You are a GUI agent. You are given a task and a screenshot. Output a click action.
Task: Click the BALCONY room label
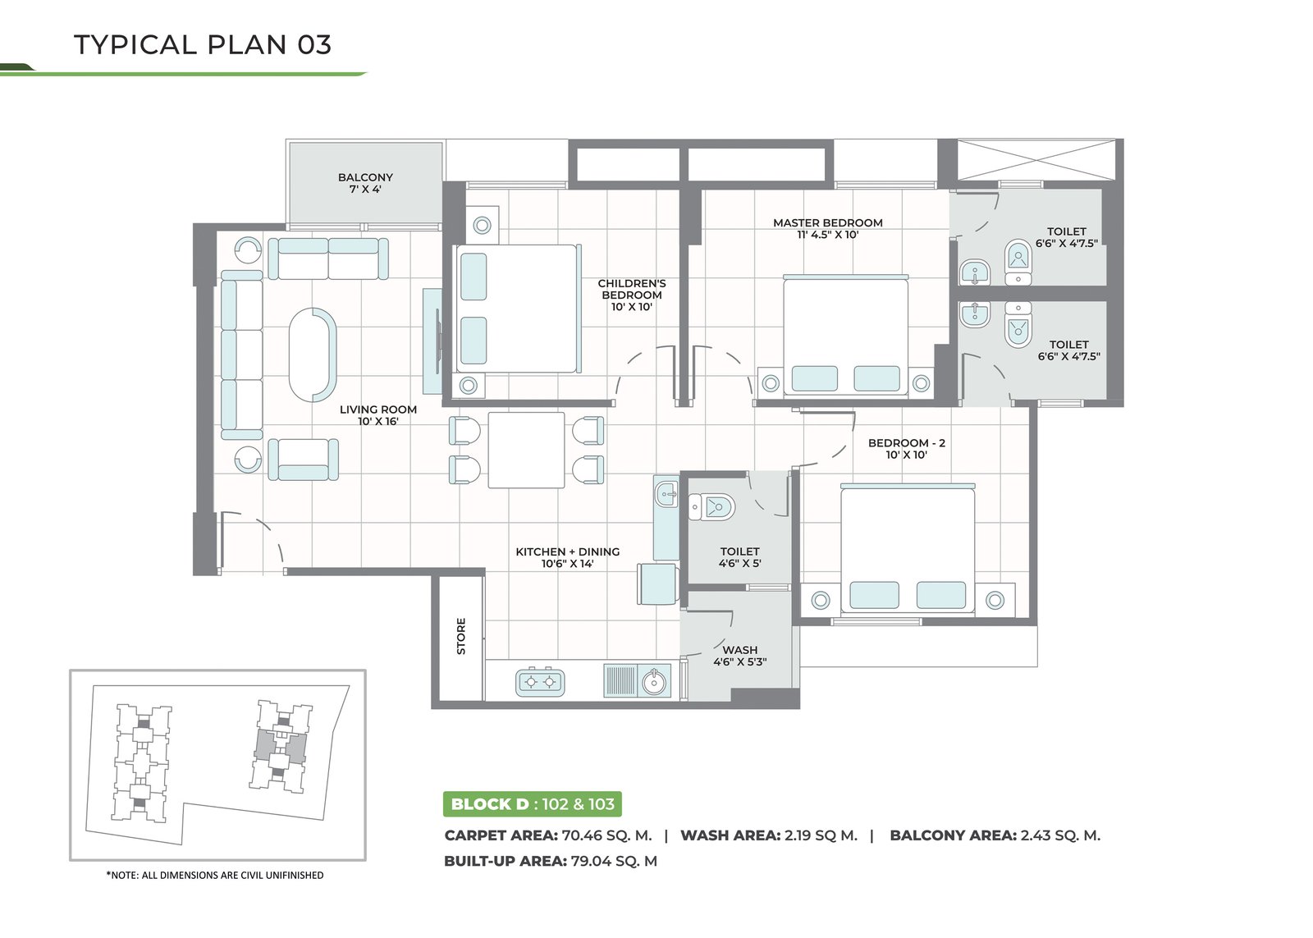(x=365, y=177)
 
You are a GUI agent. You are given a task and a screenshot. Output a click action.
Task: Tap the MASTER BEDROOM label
(x=828, y=222)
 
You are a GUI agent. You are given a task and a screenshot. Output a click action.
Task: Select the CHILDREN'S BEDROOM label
(x=632, y=289)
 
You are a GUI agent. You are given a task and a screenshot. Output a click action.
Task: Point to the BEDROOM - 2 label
(x=907, y=442)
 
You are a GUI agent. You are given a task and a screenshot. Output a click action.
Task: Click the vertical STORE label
(x=461, y=636)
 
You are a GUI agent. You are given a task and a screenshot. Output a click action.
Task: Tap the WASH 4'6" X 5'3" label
(x=739, y=656)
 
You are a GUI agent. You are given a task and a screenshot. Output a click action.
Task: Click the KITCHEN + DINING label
(x=567, y=551)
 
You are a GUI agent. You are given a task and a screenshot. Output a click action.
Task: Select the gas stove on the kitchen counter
(x=540, y=682)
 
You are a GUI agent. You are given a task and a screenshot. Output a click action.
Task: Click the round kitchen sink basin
(x=654, y=682)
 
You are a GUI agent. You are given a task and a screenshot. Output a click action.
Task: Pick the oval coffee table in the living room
(x=313, y=355)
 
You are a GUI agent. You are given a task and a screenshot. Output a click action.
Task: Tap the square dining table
(x=526, y=450)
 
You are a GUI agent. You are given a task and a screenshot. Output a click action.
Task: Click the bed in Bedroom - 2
(x=908, y=549)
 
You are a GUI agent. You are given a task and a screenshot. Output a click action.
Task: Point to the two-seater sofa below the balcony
(x=328, y=259)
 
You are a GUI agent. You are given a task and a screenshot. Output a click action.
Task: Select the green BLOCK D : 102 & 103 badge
(x=533, y=803)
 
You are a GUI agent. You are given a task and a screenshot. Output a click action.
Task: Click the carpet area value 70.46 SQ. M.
(x=606, y=835)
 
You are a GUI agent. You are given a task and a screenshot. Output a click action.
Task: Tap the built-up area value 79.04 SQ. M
(x=614, y=861)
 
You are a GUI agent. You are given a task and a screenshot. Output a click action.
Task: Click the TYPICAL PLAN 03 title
(x=203, y=44)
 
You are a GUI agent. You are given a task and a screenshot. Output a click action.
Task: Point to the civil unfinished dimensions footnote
(x=214, y=876)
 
